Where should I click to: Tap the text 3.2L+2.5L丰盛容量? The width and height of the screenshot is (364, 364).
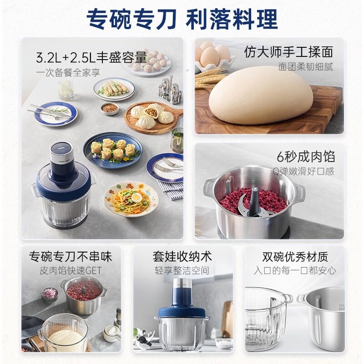[x=91, y=58]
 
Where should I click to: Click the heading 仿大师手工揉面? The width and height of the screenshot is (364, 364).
[x=288, y=52]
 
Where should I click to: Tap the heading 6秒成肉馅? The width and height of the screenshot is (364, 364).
[x=306, y=157]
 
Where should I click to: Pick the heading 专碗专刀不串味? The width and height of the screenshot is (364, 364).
[x=71, y=256]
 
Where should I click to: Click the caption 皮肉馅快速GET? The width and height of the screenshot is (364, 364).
[x=71, y=270]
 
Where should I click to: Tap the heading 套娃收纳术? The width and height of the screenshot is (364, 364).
[x=182, y=256]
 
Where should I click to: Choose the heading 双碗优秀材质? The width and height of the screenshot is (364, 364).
[x=295, y=256]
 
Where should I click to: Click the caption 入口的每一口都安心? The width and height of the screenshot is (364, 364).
[x=295, y=270]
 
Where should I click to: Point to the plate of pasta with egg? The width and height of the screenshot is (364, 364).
[x=131, y=199]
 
